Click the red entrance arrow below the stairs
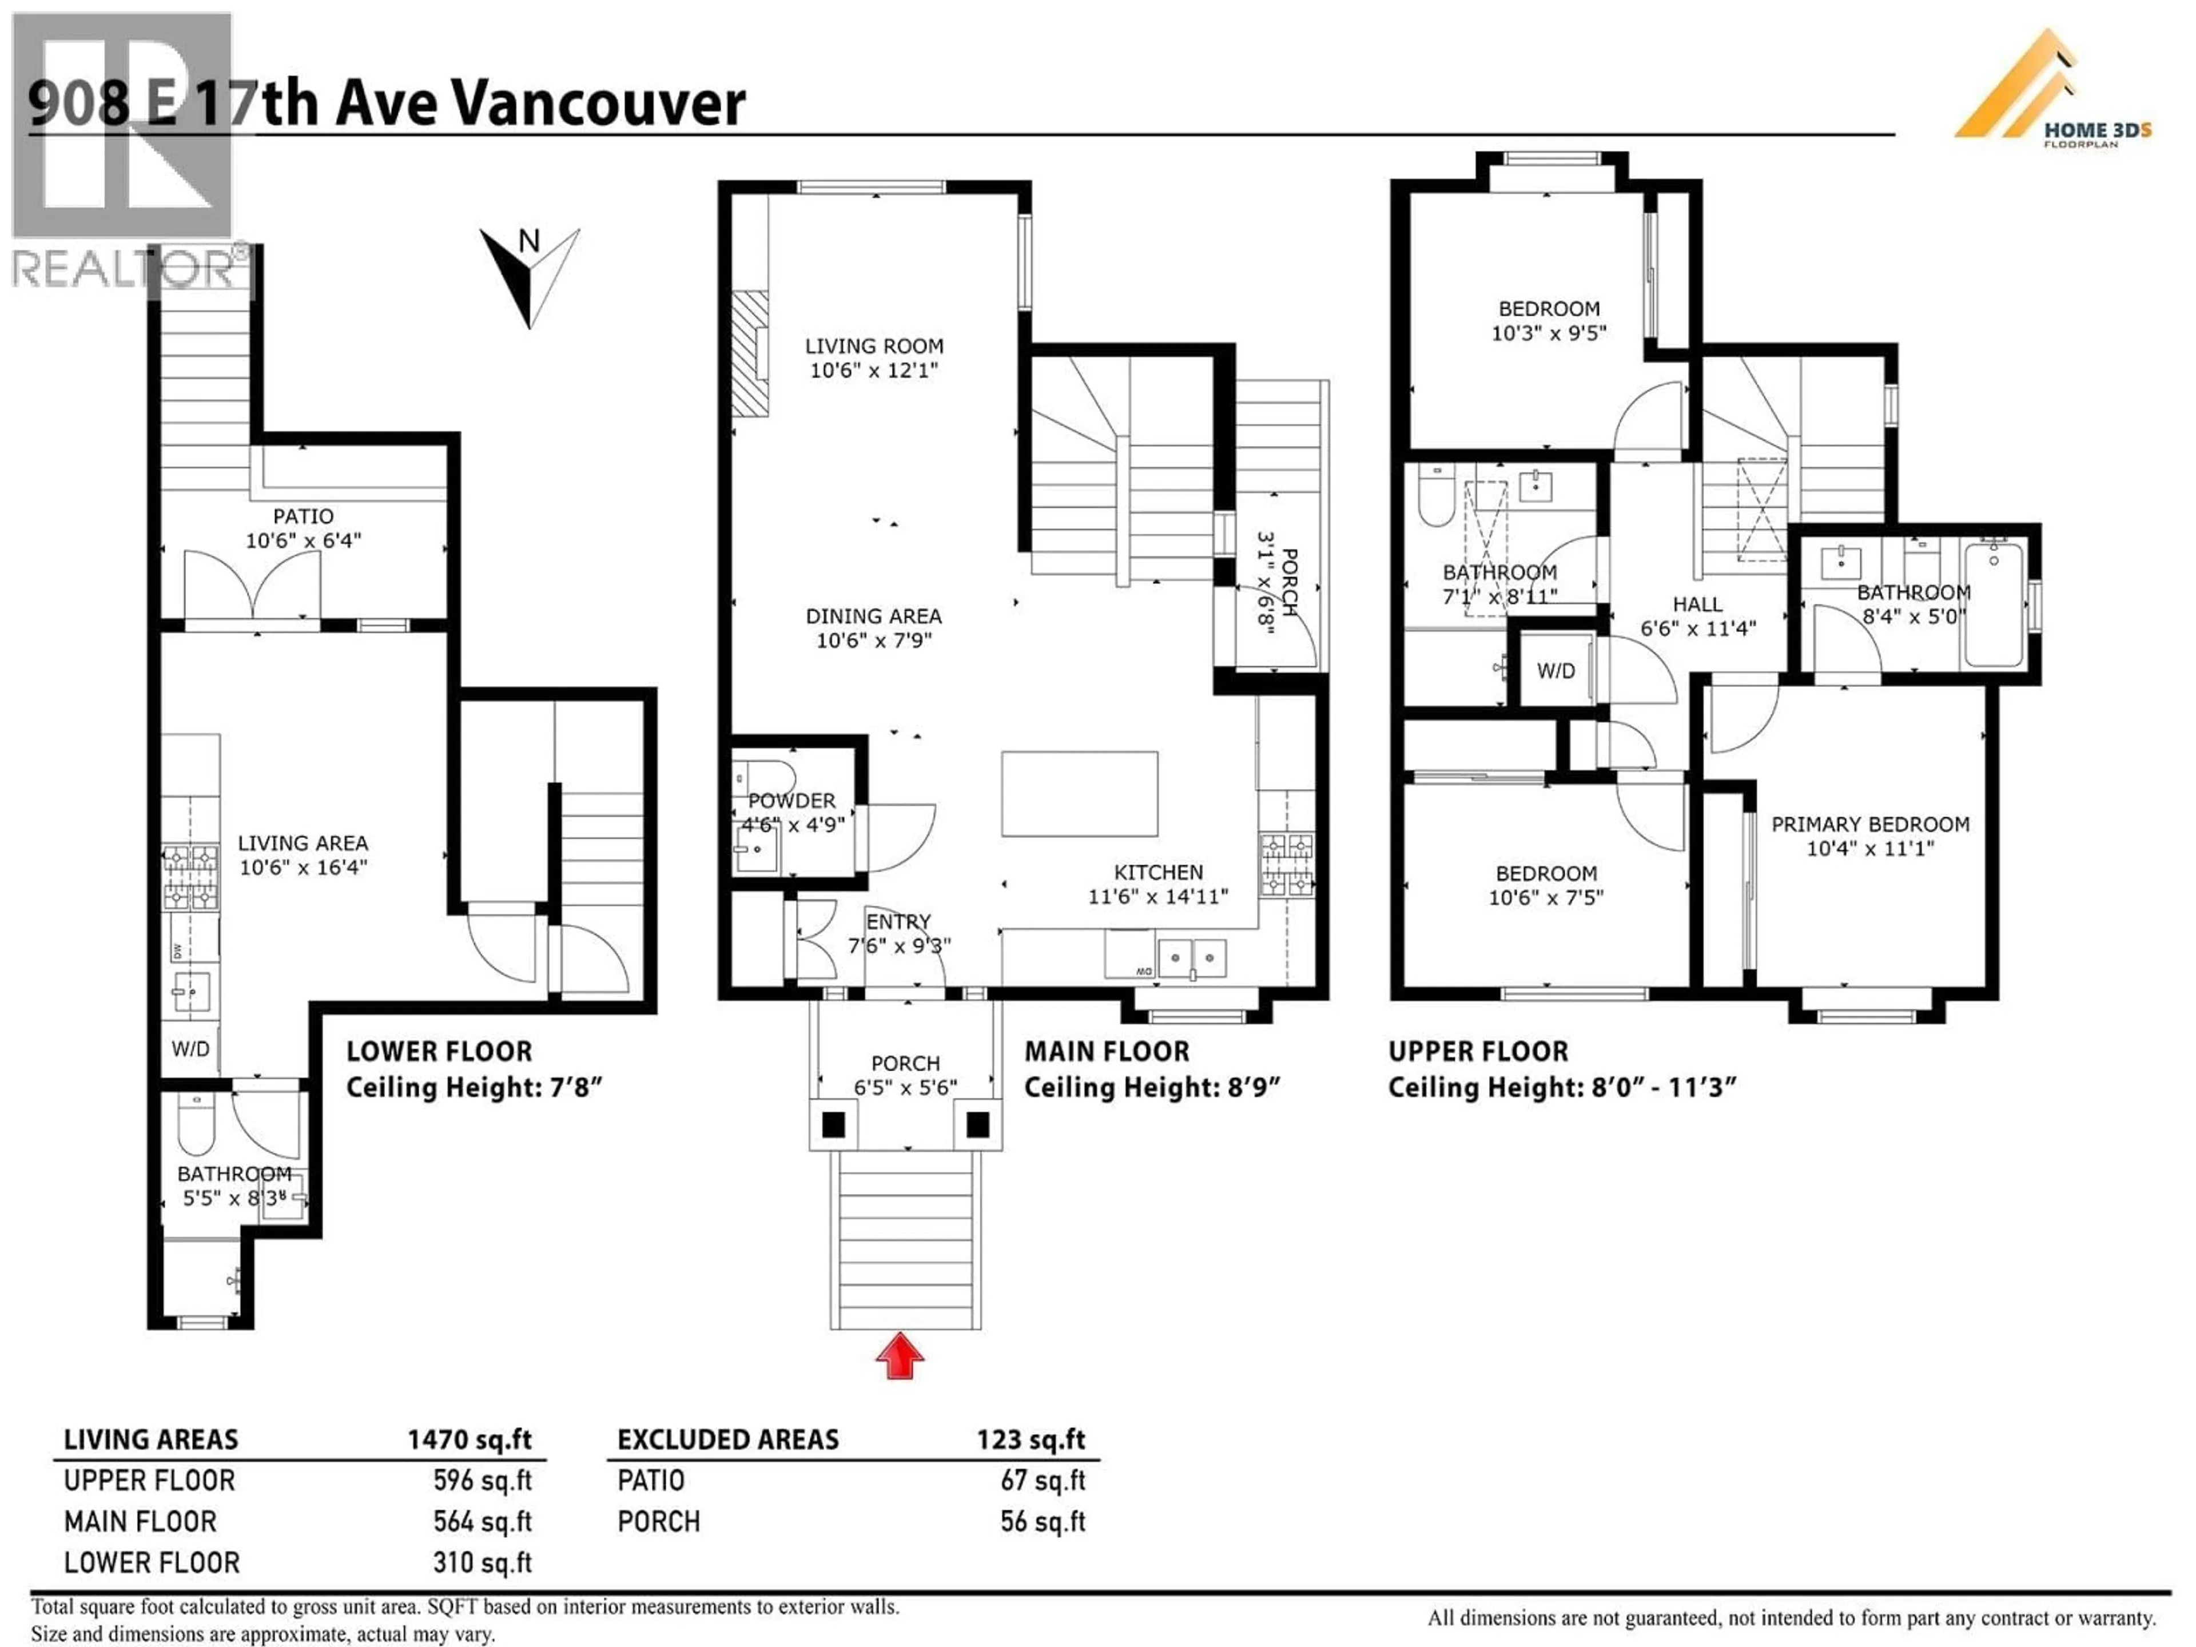click(x=900, y=1356)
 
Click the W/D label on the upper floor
click(x=1555, y=671)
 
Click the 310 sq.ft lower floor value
click(x=483, y=1562)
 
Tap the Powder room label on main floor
click(x=791, y=800)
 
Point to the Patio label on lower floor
click(x=303, y=516)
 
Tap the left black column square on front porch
click(x=834, y=1125)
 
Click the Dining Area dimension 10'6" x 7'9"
click(x=874, y=640)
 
